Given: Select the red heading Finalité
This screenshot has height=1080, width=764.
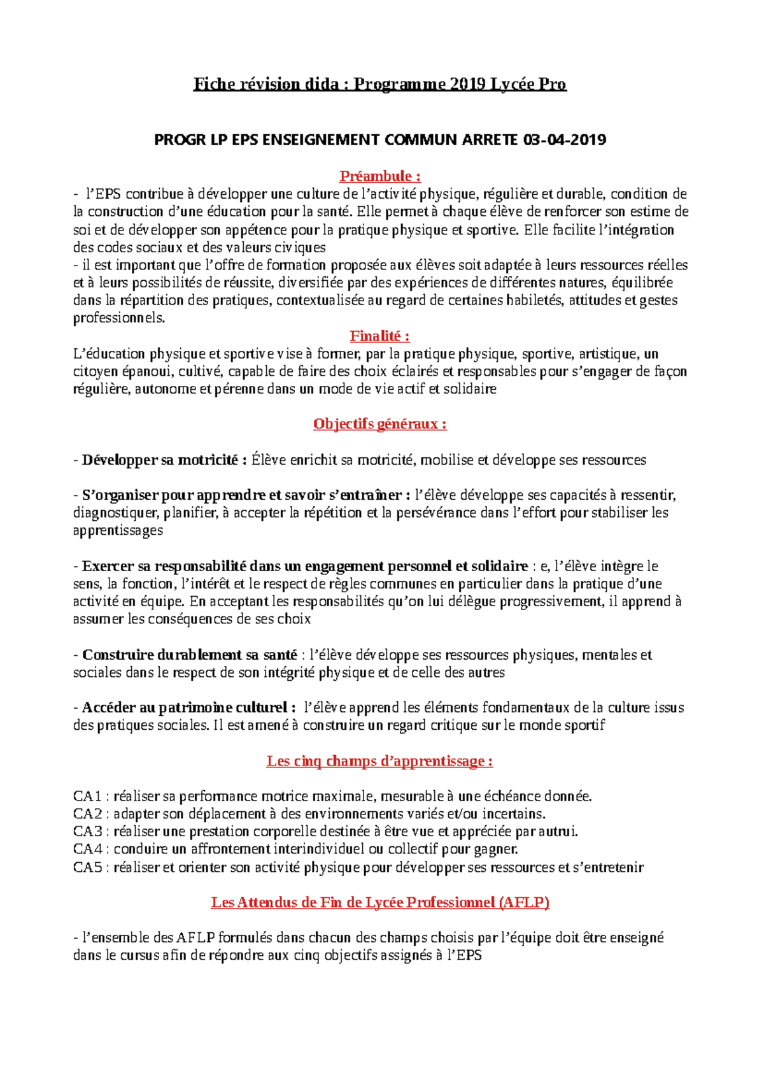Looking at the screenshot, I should pos(379,336).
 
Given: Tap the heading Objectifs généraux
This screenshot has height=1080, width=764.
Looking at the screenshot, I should pos(379,424).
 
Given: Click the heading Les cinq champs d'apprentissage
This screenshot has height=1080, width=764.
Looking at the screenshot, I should pos(379,761).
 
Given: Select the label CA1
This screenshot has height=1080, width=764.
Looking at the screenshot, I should pos(88,796).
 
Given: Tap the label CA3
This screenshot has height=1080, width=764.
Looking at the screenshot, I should pos(88,832).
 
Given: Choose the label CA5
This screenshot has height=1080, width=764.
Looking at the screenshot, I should pos(88,867).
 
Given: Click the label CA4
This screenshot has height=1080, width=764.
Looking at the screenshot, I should pos(88,849).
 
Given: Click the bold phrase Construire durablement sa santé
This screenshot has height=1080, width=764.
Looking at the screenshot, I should pos(190,655).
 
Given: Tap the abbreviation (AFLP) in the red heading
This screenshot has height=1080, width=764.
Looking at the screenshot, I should pos(524,902).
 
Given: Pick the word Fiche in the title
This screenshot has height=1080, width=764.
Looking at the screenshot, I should pos(213,84).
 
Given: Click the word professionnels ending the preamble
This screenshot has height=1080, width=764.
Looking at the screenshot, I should pos(118,318).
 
